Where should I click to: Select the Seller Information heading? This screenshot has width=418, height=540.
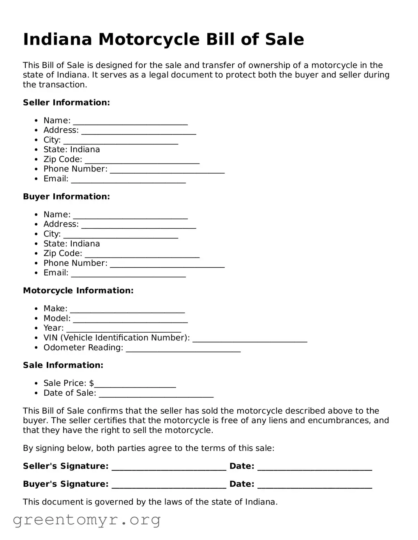pyautogui.click(x=66, y=103)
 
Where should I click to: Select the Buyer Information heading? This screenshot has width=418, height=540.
pyautogui.click(x=66, y=197)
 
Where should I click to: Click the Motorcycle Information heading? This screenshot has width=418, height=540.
pyautogui.click(x=78, y=291)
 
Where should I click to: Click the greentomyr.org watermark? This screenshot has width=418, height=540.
pyautogui.click(x=86, y=520)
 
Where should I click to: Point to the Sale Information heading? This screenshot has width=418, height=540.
pyautogui.click(x=63, y=365)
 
